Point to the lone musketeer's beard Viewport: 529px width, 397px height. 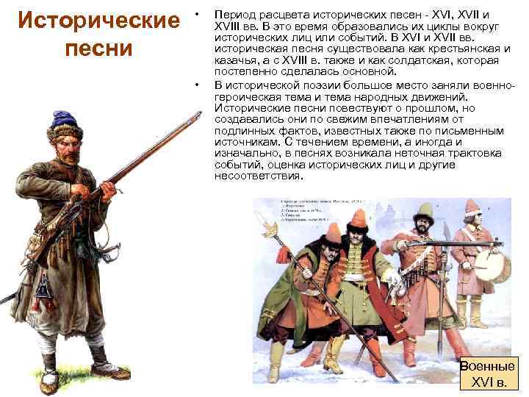click(x=71, y=156)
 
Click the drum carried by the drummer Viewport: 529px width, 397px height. click(x=497, y=268)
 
